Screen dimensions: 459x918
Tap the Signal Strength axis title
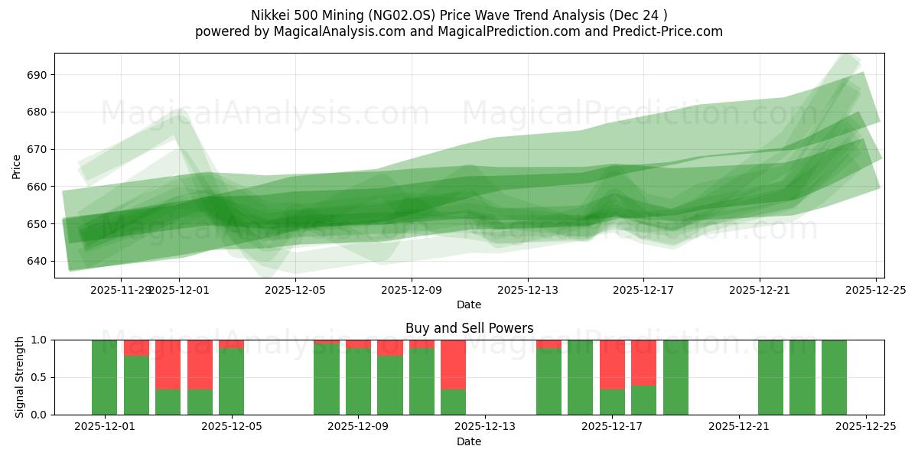[x=20, y=377]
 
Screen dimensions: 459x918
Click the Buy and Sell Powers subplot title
[x=469, y=328]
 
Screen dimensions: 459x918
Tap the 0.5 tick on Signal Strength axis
[x=37, y=377]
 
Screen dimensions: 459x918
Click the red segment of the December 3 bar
[x=168, y=364]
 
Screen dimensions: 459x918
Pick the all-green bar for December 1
[x=104, y=377]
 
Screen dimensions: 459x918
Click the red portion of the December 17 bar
[x=612, y=364]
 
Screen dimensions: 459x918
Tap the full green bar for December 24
[x=834, y=377]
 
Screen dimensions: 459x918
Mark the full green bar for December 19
[x=675, y=377]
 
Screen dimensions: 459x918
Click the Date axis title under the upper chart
[x=469, y=304]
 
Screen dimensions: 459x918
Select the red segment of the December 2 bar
[x=136, y=347]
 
